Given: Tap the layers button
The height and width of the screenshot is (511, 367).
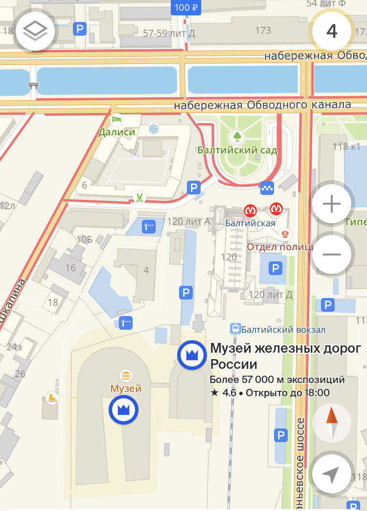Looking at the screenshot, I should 35,32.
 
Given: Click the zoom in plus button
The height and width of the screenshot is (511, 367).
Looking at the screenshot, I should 332,204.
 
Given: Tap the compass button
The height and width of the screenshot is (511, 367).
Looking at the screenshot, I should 332,422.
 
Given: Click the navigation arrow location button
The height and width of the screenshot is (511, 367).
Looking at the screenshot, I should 332,474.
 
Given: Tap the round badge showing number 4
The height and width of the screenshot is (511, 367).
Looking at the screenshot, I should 332,31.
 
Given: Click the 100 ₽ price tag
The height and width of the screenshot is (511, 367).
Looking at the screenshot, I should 186,7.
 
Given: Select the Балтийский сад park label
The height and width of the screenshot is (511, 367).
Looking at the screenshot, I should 237,150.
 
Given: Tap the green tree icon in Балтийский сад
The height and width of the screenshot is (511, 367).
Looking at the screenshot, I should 237,136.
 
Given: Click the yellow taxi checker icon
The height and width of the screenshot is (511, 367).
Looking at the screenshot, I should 267,187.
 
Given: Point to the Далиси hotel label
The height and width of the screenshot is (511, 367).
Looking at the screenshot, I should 116,132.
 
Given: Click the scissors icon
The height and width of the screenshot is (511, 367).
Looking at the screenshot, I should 139,198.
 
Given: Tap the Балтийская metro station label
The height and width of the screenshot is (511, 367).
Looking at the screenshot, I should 250,223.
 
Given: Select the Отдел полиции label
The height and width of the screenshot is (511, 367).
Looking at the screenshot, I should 279,247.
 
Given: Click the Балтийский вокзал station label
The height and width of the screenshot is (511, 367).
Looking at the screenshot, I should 283,330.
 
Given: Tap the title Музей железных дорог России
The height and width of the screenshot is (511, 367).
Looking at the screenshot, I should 286,357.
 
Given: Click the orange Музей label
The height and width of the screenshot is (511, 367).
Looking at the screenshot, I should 126,388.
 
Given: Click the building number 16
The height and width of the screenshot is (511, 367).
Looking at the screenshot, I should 70,267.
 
